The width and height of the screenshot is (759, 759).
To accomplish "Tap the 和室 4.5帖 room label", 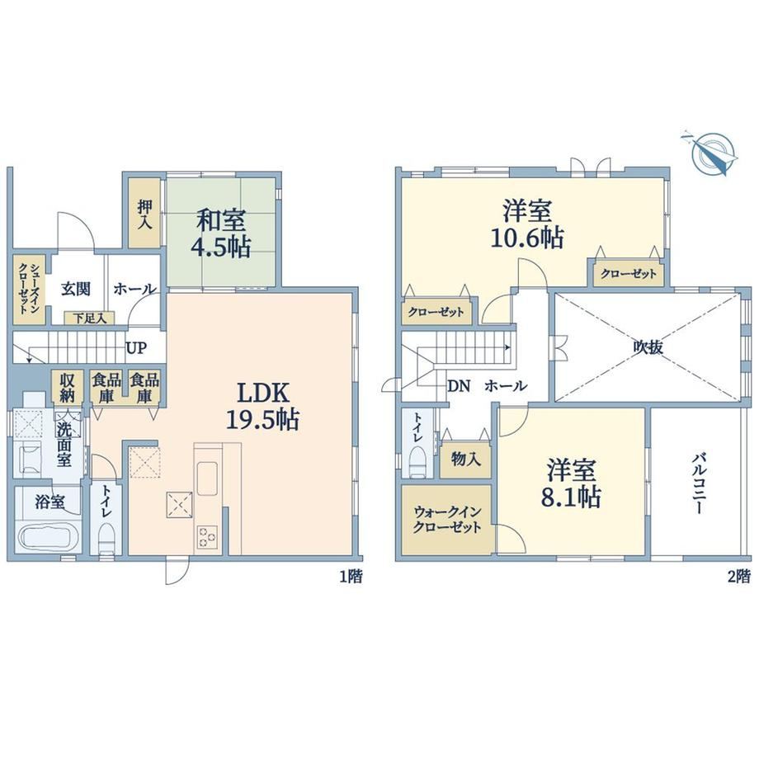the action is pos(220,233).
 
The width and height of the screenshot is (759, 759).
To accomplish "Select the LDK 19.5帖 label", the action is pos(262,406).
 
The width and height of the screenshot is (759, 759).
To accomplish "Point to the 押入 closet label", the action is pos(144,214).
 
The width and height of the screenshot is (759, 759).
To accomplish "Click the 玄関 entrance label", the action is pos(76,289).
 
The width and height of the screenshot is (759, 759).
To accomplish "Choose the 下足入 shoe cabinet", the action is pos(90,318).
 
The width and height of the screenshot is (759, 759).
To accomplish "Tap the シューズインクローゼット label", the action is pos(29,289).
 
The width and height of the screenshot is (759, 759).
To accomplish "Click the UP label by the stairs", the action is pos(136,347).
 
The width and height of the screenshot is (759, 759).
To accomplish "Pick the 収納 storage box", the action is pos(67,388).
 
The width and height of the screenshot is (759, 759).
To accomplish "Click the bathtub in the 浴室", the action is pos(49,537).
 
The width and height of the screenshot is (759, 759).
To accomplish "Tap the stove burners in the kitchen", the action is pos(207,537).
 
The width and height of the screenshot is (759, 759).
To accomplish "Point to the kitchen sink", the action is pos(207,478).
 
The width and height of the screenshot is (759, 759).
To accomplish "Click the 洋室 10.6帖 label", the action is pos(527,224).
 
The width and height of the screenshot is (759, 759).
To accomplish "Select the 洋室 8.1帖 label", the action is pos(571,483).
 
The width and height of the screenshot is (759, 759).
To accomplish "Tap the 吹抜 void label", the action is pos(648,347).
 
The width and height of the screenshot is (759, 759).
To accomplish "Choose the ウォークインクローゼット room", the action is pos(446,520).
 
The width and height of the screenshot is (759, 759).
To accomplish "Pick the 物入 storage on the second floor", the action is pos(465,459).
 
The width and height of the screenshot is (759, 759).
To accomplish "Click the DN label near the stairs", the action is pos(460,386).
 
